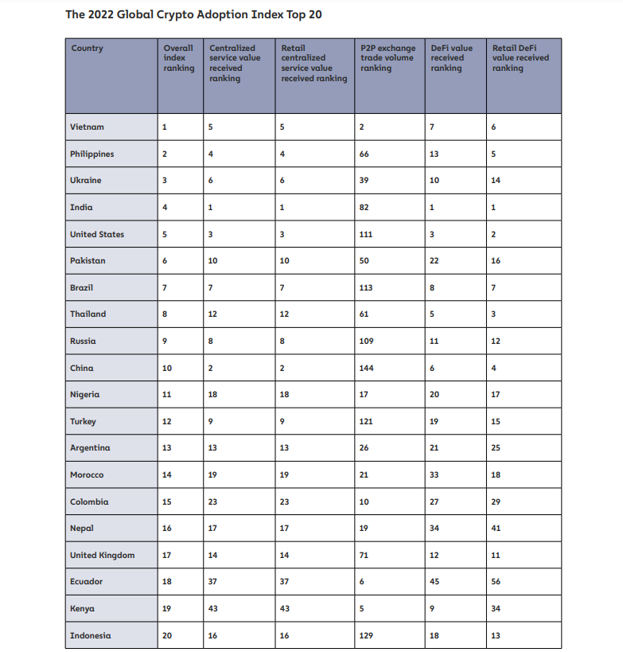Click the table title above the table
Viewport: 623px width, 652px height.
pos(193,14)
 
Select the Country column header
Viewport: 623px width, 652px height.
pos(88,49)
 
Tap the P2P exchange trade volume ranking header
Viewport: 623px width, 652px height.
pos(387,58)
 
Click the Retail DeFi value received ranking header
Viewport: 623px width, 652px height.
pos(520,58)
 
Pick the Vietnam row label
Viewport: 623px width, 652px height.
pos(87,127)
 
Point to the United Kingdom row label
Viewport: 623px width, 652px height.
pos(102,555)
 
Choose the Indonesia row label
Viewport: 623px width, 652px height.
pos(90,635)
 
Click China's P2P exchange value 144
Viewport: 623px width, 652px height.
pos(366,368)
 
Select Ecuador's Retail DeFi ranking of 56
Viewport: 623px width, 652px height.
pos(497,582)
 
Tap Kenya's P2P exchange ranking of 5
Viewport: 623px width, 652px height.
pos(362,609)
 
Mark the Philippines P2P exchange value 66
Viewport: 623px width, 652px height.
pos(364,154)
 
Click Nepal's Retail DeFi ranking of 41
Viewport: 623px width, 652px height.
pos(497,529)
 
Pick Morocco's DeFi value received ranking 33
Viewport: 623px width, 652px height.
pos(435,475)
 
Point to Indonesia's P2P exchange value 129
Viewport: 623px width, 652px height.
pos(366,635)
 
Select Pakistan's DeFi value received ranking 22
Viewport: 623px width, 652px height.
pos(435,261)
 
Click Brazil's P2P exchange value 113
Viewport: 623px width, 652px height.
pos(366,287)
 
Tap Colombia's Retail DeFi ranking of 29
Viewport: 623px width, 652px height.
pos(497,502)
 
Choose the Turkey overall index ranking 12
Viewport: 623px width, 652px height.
pos(166,422)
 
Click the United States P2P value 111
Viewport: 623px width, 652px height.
pos(366,235)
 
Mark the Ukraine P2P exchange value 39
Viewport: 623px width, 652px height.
pos(364,181)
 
